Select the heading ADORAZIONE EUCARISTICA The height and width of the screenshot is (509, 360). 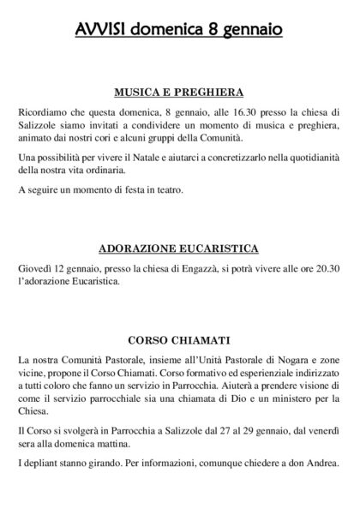pos(179,249)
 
